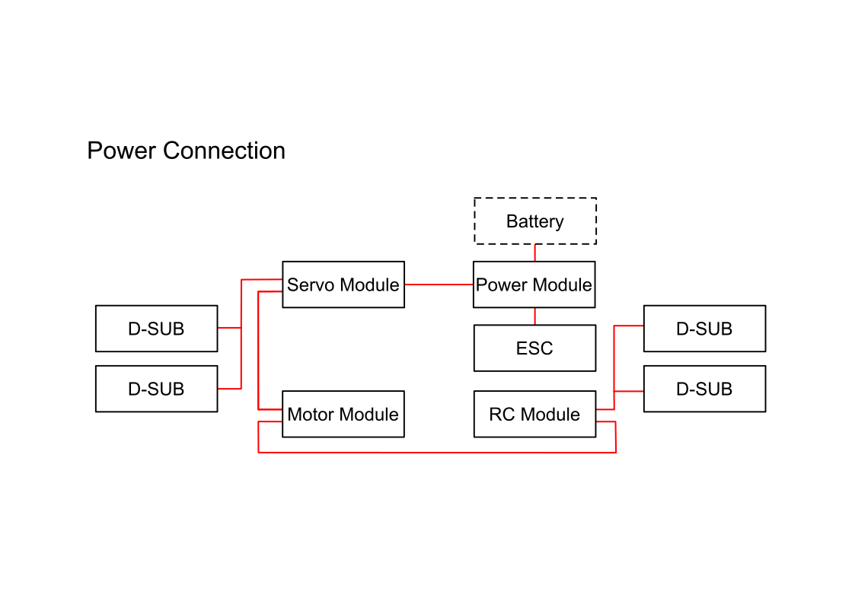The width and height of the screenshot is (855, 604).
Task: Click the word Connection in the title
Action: pos(225,151)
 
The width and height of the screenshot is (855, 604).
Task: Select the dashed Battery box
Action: pos(535,221)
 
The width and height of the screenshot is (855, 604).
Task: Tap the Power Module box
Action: pos(534,285)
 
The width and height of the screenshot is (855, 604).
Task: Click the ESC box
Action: pos(534,348)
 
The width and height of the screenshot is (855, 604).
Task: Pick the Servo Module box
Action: pos(343,285)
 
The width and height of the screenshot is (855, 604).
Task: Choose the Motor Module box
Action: pos(343,415)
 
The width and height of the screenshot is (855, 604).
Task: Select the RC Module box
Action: pos(534,415)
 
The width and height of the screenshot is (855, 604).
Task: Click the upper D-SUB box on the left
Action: pos(156,329)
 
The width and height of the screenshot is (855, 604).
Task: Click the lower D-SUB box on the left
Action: pos(156,389)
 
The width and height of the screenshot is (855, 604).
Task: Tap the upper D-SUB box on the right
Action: pos(704,329)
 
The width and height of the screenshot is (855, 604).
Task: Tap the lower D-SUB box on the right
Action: pos(704,389)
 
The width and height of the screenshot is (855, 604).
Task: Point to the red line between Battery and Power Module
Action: pos(534,253)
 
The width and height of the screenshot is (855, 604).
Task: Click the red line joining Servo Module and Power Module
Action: pos(439,285)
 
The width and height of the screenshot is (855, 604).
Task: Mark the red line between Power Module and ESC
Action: pos(534,316)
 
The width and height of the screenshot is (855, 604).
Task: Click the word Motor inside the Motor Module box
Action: pos(311,415)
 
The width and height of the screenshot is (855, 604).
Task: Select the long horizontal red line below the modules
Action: pos(437,452)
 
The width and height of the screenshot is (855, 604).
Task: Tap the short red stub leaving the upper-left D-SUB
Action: pos(229,327)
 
